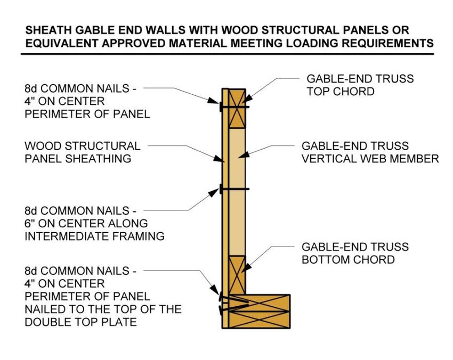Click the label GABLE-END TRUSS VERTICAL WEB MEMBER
point(370,152)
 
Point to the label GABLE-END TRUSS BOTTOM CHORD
point(355,253)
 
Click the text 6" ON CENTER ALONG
point(86,223)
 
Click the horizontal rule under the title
point(227,54)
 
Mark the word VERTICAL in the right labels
point(328,159)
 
